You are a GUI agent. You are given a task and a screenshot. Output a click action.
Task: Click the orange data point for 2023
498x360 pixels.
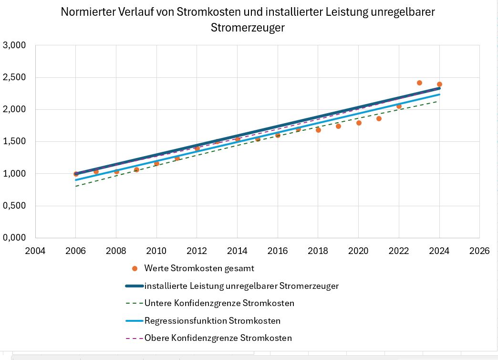click(x=419, y=83)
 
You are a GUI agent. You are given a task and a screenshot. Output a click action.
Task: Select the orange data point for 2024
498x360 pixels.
click(x=439, y=84)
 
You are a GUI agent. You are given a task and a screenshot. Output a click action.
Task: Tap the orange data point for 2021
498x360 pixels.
click(x=379, y=118)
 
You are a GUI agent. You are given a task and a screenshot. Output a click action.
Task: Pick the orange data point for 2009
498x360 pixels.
click(x=136, y=169)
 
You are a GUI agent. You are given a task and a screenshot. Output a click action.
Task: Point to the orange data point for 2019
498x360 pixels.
click(x=338, y=126)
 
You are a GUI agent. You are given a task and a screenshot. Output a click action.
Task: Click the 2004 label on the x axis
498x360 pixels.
click(x=35, y=251)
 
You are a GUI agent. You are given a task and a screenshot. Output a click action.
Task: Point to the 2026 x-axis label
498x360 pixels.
click(x=479, y=251)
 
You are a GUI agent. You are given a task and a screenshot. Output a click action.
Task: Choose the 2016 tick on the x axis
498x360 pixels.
click(x=278, y=251)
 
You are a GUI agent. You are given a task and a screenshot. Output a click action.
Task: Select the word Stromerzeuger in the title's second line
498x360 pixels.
click(x=248, y=28)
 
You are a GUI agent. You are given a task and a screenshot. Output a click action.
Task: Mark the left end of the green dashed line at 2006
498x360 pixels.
click(x=76, y=186)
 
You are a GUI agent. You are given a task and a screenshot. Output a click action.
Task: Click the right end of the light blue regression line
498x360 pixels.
click(x=439, y=95)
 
